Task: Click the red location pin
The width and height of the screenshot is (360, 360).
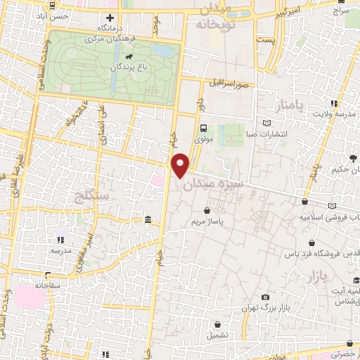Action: pos(181,165)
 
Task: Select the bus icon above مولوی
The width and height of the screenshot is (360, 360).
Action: pos(203,128)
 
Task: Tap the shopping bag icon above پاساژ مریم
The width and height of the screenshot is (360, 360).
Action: pos(206,210)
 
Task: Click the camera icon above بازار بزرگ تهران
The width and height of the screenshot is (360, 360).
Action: pos(264,297)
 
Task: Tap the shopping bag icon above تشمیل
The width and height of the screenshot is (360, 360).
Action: pos(218,325)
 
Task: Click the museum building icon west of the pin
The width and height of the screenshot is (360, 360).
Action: pos(147,221)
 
